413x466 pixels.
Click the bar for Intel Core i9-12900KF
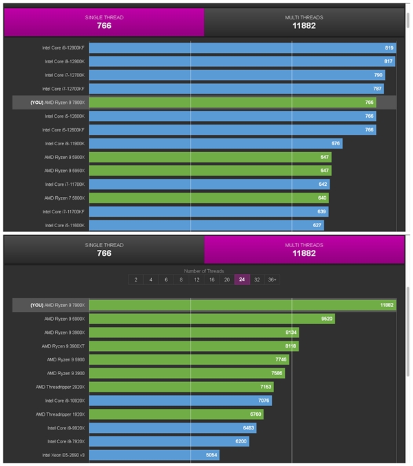coord(241,48)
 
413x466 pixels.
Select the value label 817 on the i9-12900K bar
coord(388,62)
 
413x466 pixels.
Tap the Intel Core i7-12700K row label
coord(63,75)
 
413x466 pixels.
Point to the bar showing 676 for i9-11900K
coord(215,143)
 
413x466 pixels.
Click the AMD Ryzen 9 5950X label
coord(64,171)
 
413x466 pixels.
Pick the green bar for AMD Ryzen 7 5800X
coord(209,198)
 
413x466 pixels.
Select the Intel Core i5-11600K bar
coord(205,225)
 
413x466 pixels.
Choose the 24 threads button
coord(242,280)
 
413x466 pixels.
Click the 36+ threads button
coord(273,280)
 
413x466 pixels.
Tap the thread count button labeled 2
coord(136,280)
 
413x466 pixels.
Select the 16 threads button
coord(211,280)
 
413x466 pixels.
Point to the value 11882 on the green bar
coord(387,305)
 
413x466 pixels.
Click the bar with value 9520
coord(211,319)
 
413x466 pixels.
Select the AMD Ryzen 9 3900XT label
coord(63,346)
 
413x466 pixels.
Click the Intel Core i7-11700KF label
coord(63,211)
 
